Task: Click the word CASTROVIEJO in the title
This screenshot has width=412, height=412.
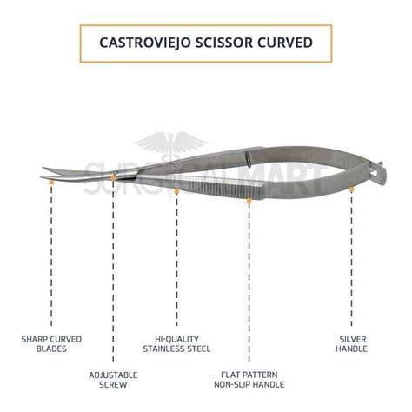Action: (145, 43)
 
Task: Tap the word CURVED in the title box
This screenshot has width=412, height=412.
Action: (285, 43)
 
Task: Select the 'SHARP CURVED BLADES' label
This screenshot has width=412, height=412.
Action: (51, 344)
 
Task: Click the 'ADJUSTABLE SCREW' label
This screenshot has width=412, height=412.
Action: (113, 380)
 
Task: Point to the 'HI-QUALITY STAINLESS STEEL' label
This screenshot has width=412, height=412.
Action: (176, 344)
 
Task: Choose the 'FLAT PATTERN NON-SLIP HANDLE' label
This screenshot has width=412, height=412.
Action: (249, 380)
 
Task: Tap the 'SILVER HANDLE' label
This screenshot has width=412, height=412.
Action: (351, 344)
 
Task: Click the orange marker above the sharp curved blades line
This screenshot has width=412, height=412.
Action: (51, 183)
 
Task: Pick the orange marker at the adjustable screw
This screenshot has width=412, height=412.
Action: (113, 177)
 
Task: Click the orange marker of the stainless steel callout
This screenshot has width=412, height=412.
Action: (176, 191)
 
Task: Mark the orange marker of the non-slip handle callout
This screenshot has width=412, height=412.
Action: (249, 200)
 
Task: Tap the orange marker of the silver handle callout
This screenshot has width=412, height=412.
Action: (351, 189)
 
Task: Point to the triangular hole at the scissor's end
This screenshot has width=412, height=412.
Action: (375, 173)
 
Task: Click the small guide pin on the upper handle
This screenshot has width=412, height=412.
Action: (248, 158)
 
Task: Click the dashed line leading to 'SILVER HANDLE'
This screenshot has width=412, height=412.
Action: (351, 259)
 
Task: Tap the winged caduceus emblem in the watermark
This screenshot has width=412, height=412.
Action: (172, 145)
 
